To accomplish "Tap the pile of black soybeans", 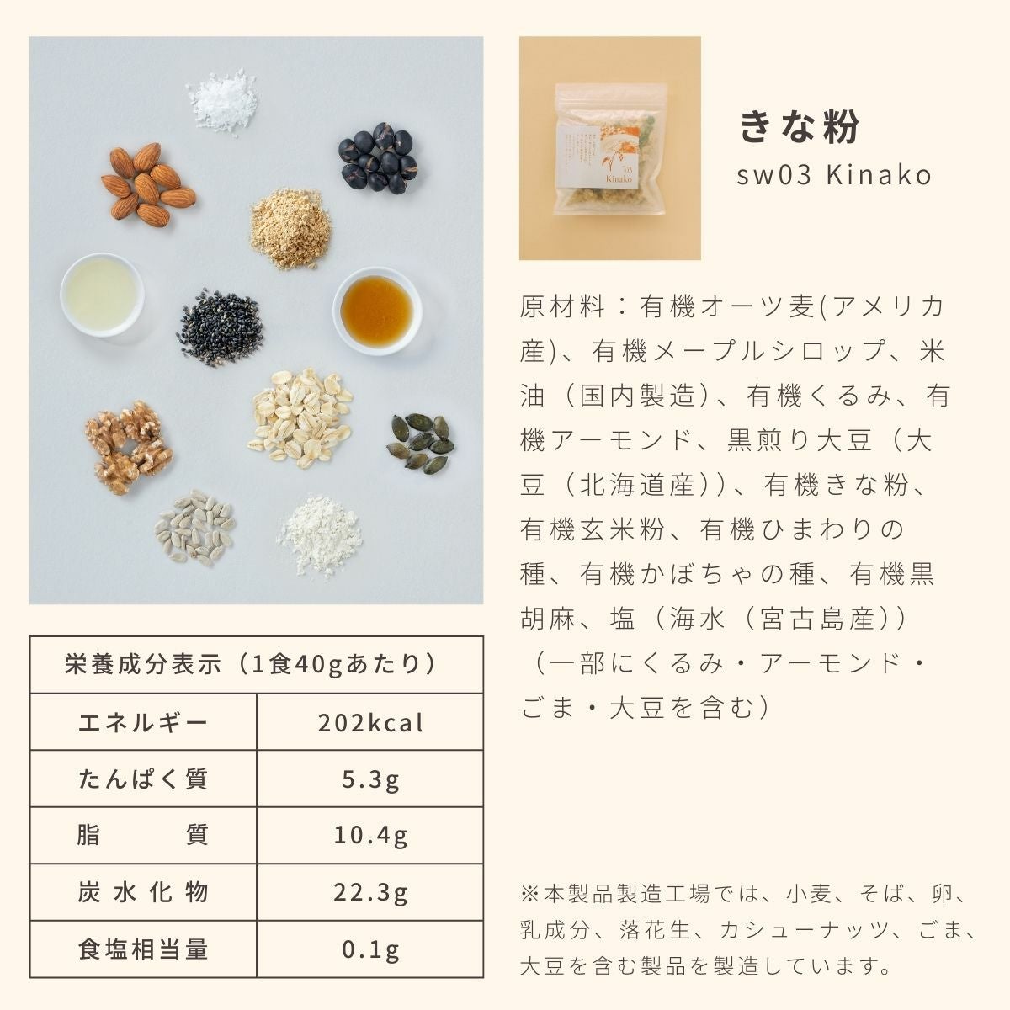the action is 378,157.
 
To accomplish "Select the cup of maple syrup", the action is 377,311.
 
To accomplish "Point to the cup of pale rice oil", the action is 102,295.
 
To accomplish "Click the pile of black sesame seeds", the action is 221,326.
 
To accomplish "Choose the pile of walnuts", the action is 129,447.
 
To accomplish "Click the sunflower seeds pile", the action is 195,528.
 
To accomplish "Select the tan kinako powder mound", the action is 290,228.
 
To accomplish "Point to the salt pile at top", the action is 223,102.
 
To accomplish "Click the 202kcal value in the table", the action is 370,723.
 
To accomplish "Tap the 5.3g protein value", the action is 370,779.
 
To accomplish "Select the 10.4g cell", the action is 370,836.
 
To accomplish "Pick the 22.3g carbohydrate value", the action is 370,892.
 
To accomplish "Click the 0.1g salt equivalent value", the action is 370,949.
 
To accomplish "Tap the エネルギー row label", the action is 143,723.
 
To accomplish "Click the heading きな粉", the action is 800,126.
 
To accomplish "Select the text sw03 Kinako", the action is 834,175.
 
